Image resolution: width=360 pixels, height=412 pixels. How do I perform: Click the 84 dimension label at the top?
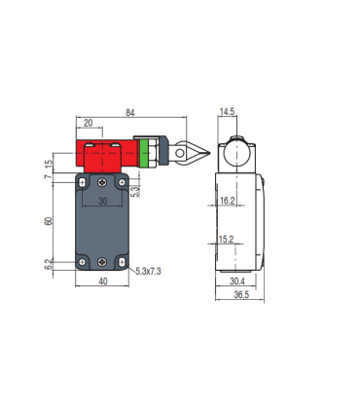(x=130, y=113)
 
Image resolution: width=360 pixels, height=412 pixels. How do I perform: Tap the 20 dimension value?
(x=89, y=123)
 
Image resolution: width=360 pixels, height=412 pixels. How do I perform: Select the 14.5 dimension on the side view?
(x=227, y=112)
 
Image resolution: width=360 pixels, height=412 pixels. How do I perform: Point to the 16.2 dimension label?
(x=227, y=201)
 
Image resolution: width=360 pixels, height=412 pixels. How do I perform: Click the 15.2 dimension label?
(x=226, y=240)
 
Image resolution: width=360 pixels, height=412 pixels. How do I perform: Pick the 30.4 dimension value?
(x=237, y=281)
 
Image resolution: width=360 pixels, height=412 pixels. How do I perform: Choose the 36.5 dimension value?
(x=241, y=294)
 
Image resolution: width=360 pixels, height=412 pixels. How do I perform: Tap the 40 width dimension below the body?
(x=103, y=281)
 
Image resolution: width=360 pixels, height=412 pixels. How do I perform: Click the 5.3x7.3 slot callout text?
(x=148, y=271)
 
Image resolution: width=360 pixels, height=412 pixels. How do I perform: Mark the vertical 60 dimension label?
(x=49, y=221)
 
